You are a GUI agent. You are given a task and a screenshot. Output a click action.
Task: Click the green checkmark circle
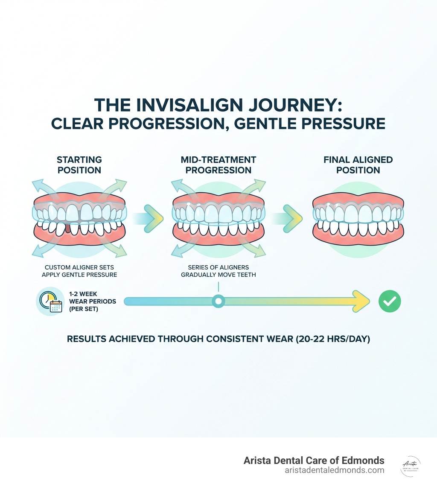pyautogui.click(x=390, y=302)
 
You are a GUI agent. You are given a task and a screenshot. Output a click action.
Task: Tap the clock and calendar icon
pyautogui.click(x=50, y=302)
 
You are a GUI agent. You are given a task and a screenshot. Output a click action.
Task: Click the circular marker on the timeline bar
pyautogui.click(x=218, y=302)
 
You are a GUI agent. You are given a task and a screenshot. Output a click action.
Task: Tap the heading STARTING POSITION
pyautogui.click(x=79, y=165)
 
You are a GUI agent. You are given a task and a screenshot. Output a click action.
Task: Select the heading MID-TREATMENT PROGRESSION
pyautogui.click(x=218, y=165)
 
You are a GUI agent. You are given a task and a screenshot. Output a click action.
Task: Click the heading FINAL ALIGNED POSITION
pyautogui.click(x=358, y=165)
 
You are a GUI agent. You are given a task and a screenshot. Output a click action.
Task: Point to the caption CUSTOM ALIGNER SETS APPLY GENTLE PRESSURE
pyautogui.click(x=79, y=271)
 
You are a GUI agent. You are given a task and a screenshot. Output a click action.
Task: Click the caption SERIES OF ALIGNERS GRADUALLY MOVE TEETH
pyautogui.click(x=218, y=271)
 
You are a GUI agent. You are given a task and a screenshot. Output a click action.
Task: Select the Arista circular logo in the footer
pyautogui.click(x=411, y=466)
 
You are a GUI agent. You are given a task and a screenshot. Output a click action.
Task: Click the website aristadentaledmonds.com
pyautogui.click(x=334, y=470)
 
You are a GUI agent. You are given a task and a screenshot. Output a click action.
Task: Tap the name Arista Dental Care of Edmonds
pyautogui.click(x=314, y=461)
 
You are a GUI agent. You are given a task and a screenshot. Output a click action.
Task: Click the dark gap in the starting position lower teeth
pyautogui.click(x=67, y=229)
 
